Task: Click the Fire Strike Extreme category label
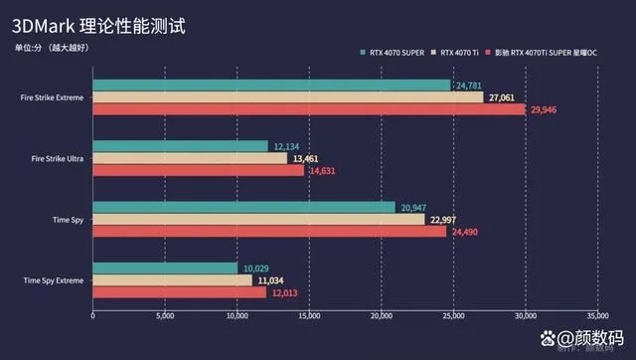50,97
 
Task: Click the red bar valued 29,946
309,109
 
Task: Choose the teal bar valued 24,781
271,86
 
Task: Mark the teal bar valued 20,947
243,207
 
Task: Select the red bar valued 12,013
179,292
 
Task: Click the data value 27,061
501,97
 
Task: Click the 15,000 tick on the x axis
309,318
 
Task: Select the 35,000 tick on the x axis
597,318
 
